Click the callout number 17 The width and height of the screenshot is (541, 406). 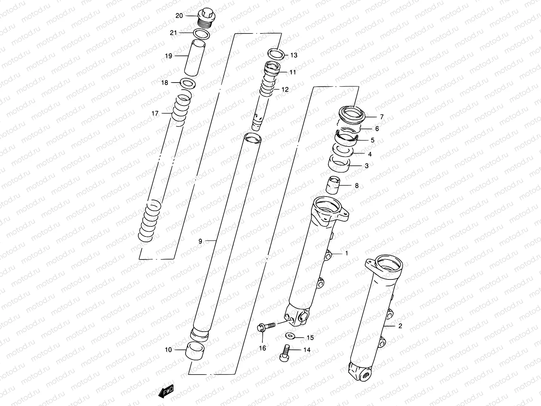(155, 114)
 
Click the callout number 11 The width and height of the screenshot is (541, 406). (292, 72)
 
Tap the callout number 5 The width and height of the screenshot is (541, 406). (373, 140)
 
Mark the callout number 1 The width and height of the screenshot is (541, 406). (346, 253)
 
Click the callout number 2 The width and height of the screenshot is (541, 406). (400, 326)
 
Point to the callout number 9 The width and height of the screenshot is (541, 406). (200, 241)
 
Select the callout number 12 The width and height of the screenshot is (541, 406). (285, 90)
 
